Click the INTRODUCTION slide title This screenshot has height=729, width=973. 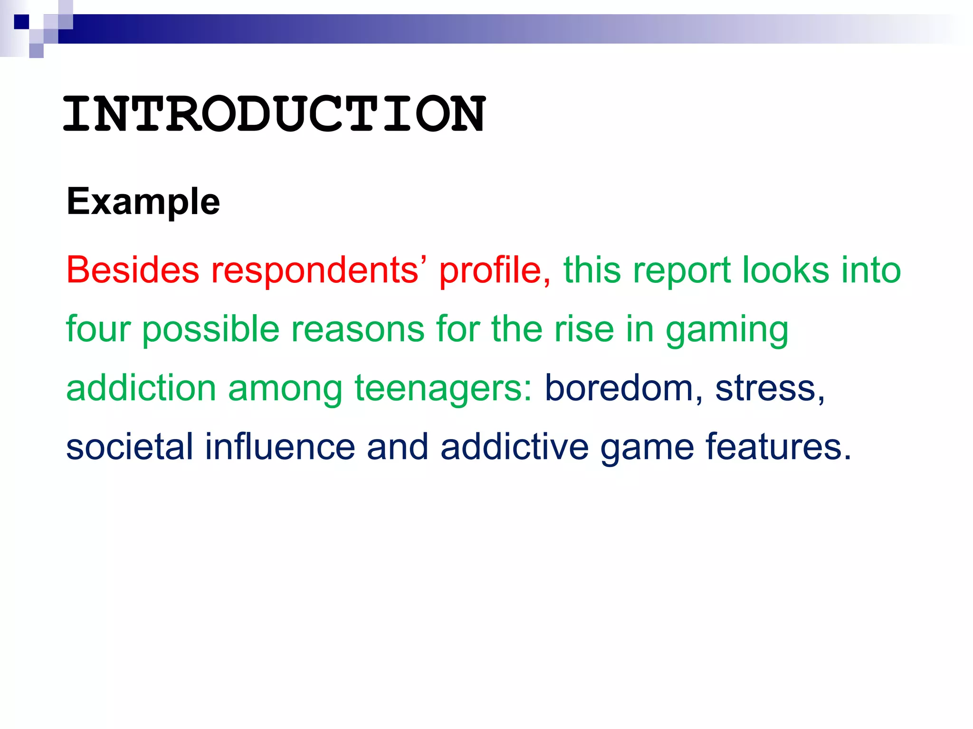pos(274,114)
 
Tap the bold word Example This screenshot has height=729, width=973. pos(143,202)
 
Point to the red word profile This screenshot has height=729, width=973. pos(495,271)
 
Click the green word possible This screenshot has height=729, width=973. pos(210,329)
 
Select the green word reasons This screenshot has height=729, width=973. pos(358,329)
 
